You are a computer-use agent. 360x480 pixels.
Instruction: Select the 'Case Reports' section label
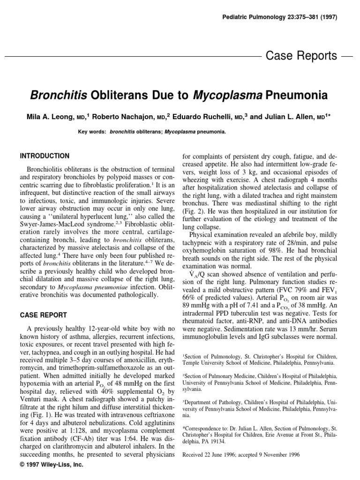pyautogui.click(x=301, y=56)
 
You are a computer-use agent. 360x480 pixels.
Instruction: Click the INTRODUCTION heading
pyautogui.click(x=45, y=156)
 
